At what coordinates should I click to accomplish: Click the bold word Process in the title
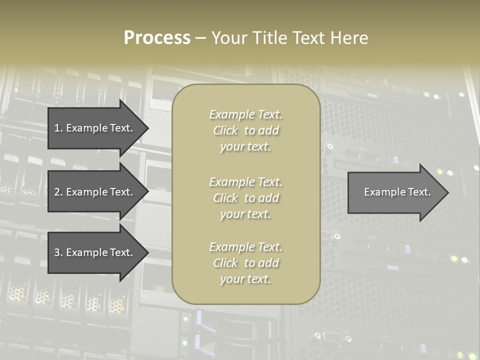[x=157, y=38]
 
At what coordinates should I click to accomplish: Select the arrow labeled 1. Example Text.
[x=95, y=128]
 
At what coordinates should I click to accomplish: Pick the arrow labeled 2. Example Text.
[x=95, y=192]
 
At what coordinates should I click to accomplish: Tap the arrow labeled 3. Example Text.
[x=95, y=252]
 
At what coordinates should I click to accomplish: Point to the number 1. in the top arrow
[x=58, y=128]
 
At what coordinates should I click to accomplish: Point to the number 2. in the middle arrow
[x=58, y=192]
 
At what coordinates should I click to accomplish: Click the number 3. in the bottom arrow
[x=58, y=252]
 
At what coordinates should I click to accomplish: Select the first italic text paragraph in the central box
[x=245, y=130]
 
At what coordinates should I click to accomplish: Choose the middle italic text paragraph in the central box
[x=245, y=198]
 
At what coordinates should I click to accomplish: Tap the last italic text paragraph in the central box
[x=245, y=263]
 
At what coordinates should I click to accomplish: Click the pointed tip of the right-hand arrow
[x=446, y=192]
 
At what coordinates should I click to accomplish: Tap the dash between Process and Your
[x=200, y=38]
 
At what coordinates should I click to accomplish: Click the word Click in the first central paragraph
[x=225, y=130]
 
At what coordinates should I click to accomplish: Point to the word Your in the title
[x=229, y=38]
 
